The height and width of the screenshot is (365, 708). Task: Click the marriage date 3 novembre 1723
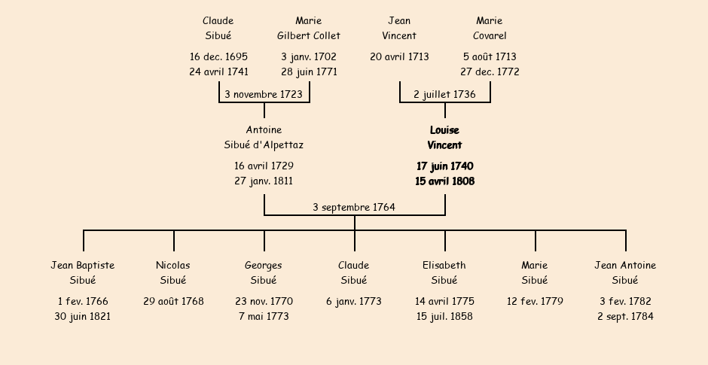click(x=264, y=94)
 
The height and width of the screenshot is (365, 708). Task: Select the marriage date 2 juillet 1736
click(x=444, y=94)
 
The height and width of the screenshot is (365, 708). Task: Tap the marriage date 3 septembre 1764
click(x=354, y=207)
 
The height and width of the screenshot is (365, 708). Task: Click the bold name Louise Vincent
click(x=444, y=138)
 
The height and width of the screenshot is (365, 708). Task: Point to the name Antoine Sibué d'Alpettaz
click(x=264, y=138)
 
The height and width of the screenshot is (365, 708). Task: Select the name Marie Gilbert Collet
click(x=309, y=28)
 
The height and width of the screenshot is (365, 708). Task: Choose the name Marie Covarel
click(x=490, y=28)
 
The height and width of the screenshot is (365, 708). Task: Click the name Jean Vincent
click(x=399, y=28)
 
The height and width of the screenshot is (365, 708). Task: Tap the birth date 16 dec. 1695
click(x=218, y=56)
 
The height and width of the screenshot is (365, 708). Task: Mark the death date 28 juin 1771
click(x=309, y=72)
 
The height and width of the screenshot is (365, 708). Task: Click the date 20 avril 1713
click(x=399, y=56)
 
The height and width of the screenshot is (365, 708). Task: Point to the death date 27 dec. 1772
click(x=490, y=72)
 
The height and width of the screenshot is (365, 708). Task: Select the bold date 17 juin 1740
click(x=444, y=166)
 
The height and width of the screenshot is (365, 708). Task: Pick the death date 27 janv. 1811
click(x=264, y=181)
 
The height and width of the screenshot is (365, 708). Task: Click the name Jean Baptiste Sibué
click(x=83, y=272)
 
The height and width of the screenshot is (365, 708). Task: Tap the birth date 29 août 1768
click(x=173, y=301)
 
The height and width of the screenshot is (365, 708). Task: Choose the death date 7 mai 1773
click(x=264, y=317)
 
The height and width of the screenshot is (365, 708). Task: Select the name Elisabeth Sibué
click(x=444, y=272)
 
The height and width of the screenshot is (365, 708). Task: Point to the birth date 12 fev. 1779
click(x=535, y=301)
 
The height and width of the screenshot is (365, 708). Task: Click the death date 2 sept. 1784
click(x=625, y=317)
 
